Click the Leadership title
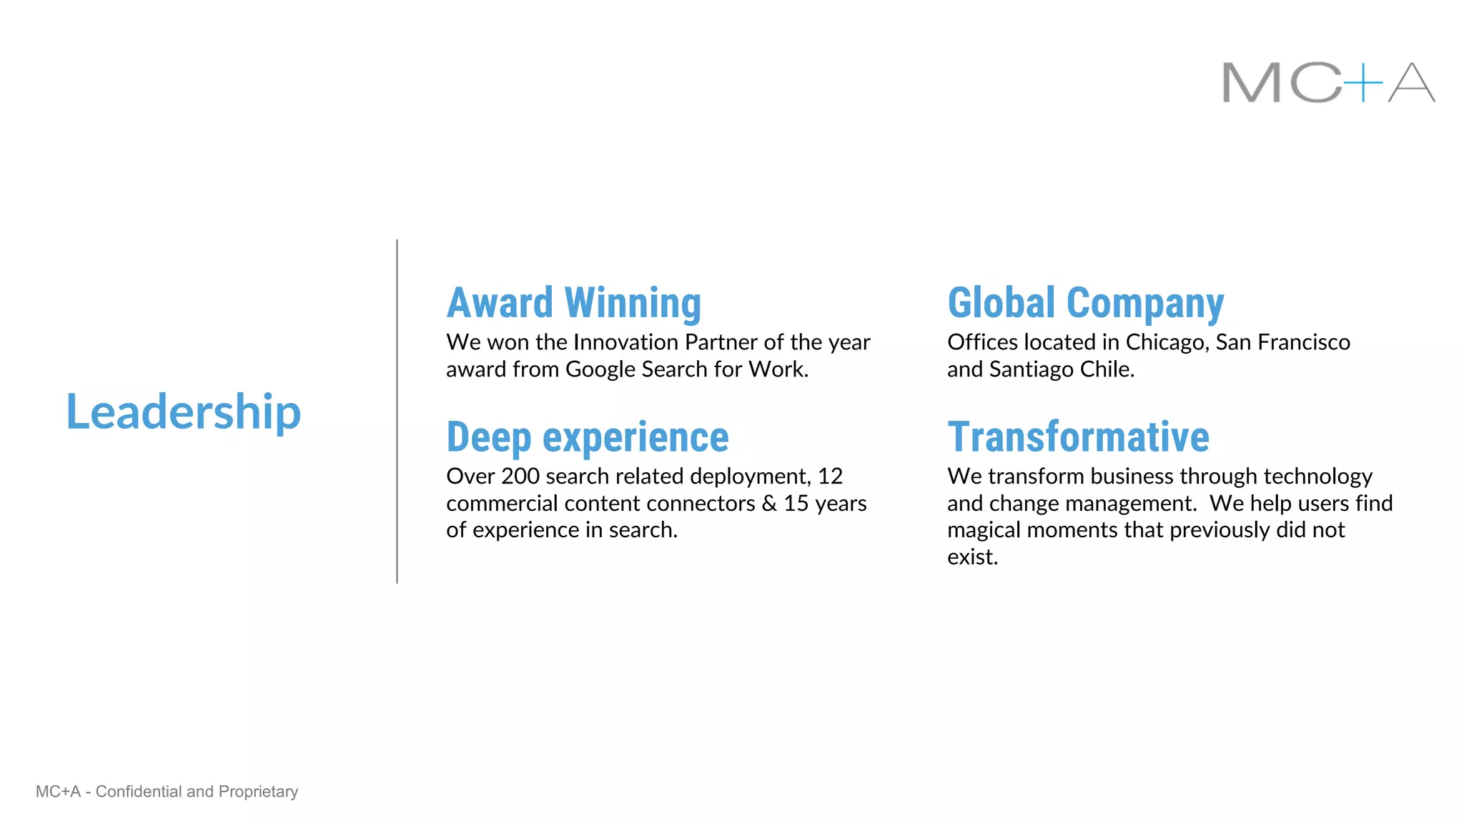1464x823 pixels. pos(183,412)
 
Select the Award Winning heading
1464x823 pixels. pos(573,303)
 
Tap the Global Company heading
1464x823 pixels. pos(1085,303)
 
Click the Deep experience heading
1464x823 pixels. pos(587,437)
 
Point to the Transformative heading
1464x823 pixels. pos(1078,437)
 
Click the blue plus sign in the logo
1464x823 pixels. pos(1363,83)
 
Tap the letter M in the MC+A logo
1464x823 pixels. pos(1251,83)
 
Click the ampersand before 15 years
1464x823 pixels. pos(769,504)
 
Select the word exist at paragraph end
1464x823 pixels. pos(969,557)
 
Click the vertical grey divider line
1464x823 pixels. pos(397,411)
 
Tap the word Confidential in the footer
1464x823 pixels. pos(139,792)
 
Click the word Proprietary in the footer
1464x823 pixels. pos(258,792)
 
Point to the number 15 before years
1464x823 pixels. pos(796,504)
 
